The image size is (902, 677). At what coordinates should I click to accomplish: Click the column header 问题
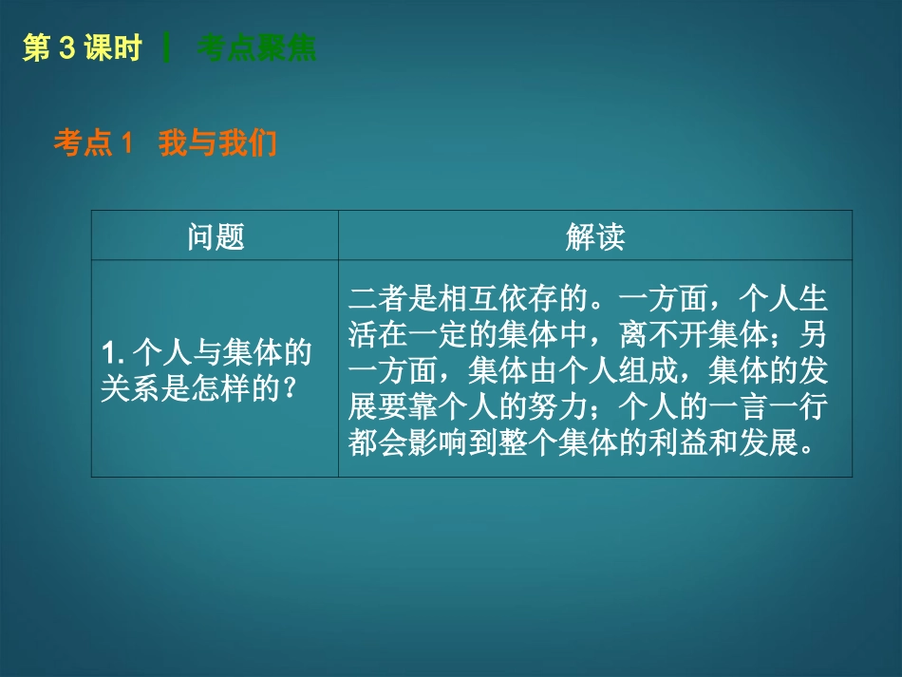[216, 236]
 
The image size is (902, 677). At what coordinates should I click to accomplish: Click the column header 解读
[594, 236]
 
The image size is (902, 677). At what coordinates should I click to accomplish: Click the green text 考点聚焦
[257, 49]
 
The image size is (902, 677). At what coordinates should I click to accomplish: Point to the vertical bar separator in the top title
[168, 49]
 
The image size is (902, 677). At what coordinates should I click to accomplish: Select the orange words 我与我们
[217, 143]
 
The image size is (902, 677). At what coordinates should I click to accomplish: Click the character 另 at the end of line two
[814, 335]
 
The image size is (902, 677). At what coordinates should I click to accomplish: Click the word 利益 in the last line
[681, 443]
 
